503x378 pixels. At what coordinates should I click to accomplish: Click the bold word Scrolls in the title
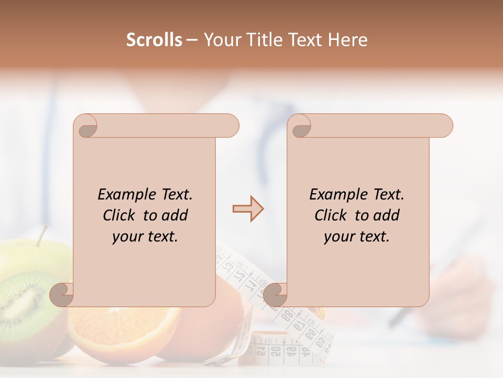[x=155, y=40]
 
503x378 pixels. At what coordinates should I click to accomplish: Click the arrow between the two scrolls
[x=248, y=209]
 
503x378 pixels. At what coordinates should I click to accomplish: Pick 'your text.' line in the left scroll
[x=145, y=237]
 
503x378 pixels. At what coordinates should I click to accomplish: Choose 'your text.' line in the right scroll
[x=357, y=237]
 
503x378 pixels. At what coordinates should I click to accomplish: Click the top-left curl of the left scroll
[x=86, y=128]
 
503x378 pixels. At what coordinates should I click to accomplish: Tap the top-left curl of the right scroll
[x=300, y=128]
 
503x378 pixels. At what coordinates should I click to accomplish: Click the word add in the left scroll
[x=176, y=215]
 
